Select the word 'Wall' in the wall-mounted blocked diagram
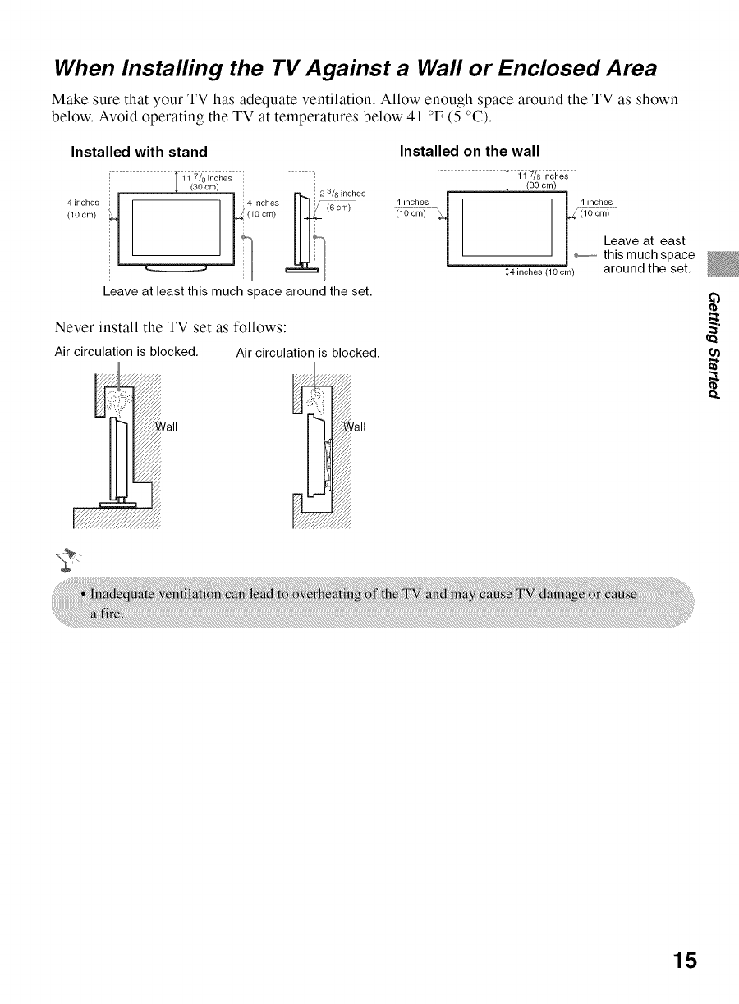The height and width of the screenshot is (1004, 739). [x=355, y=427]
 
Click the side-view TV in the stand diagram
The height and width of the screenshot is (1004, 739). [x=302, y=233]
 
